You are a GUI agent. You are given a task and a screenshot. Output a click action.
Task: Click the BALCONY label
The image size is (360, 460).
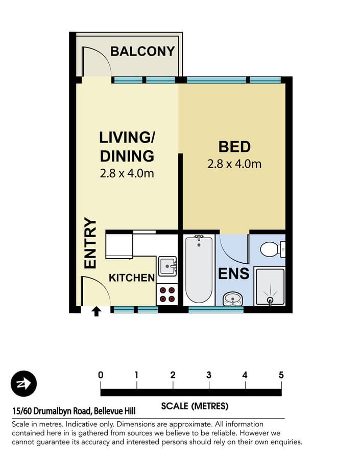(x=142, y=51)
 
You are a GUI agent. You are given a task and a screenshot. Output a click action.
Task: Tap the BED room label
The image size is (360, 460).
(x=234, y=147)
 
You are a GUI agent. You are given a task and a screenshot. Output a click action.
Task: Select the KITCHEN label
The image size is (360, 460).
(x=132, y=278)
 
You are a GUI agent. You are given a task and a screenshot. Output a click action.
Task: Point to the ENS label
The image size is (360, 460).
(x=234, y=273)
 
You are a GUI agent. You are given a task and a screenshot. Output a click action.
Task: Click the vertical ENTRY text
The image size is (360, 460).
(x=90, y=243)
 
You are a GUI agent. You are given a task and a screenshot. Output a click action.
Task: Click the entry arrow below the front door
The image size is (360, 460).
(x=97, y=311)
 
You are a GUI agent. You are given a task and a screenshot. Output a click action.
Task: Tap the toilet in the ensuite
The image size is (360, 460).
(x=273, y=249)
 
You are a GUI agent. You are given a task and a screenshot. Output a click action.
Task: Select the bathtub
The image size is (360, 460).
(x=199, y=269)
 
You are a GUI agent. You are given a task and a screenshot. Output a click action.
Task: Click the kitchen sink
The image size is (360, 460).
(x=167, y=266)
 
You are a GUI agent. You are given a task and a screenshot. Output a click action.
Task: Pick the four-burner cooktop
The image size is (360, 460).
(x=167, y=294)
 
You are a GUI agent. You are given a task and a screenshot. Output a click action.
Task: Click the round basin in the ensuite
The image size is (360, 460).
(x=233, y=299)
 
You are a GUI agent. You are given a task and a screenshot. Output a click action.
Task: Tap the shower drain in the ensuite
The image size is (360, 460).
(x=270, y=300)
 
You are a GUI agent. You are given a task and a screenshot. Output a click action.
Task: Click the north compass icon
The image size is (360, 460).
(x=24, y=383)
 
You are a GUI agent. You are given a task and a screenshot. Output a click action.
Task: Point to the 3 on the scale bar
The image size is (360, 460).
(x=209, y=375)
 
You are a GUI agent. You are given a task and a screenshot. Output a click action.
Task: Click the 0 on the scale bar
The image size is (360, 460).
(x=101, y=375)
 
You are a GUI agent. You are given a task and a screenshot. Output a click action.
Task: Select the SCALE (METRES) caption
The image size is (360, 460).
(x=195, y=406)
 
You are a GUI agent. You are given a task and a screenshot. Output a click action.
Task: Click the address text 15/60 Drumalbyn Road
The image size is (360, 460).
(x=51, y=411)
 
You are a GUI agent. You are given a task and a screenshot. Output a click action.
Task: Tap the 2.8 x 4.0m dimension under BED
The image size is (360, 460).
(x=234, y=164)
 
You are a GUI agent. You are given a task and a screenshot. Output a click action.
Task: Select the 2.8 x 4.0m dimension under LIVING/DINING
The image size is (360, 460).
(x=127, y=173)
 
